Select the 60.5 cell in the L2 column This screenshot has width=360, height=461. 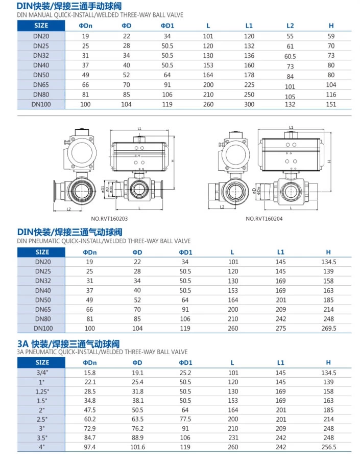click(x=290, y=56)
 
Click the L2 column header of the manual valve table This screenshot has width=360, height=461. click(x=290, y=25)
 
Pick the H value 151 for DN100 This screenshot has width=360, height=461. click(x=331, y=104)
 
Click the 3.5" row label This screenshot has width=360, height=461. click(x=42, y=437)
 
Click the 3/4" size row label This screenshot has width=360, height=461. click(x=42, y=373)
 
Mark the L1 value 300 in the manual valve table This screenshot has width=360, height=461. click(x=249, y=104)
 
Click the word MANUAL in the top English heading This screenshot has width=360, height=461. click(x=41, y=15)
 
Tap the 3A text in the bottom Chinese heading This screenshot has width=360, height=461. click(x=22, y=343)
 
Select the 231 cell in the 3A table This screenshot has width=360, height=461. click(x=233, y=437)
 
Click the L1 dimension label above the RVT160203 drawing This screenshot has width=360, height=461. click(x=139, y=128)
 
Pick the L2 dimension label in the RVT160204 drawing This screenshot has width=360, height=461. click(x=222, y=207)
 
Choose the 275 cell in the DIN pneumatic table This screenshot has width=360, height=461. click(x=280, y=328)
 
